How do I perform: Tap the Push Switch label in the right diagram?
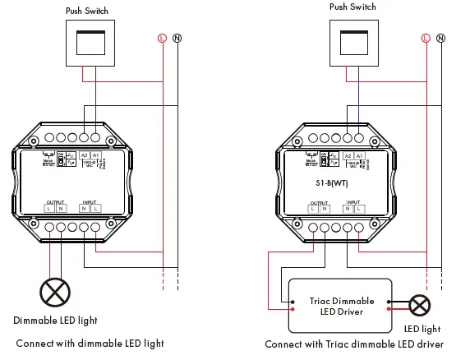(x=352, y=7)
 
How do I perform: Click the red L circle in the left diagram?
(x=162, y=38)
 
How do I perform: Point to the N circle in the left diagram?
(x=177, y=38)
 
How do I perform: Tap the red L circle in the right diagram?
(x=426, y=38)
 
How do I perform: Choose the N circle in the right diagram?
(x=441, y=38)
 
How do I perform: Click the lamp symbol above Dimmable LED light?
(x=54, y=291)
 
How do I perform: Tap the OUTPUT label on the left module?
(x=55, y=201)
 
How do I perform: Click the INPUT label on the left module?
(x=89, y=201)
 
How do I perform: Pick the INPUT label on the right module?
(x=352, y=201)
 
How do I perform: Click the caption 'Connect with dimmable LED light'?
(x=90, y=343)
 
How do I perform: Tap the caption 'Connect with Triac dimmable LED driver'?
(x=354, y=344)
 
